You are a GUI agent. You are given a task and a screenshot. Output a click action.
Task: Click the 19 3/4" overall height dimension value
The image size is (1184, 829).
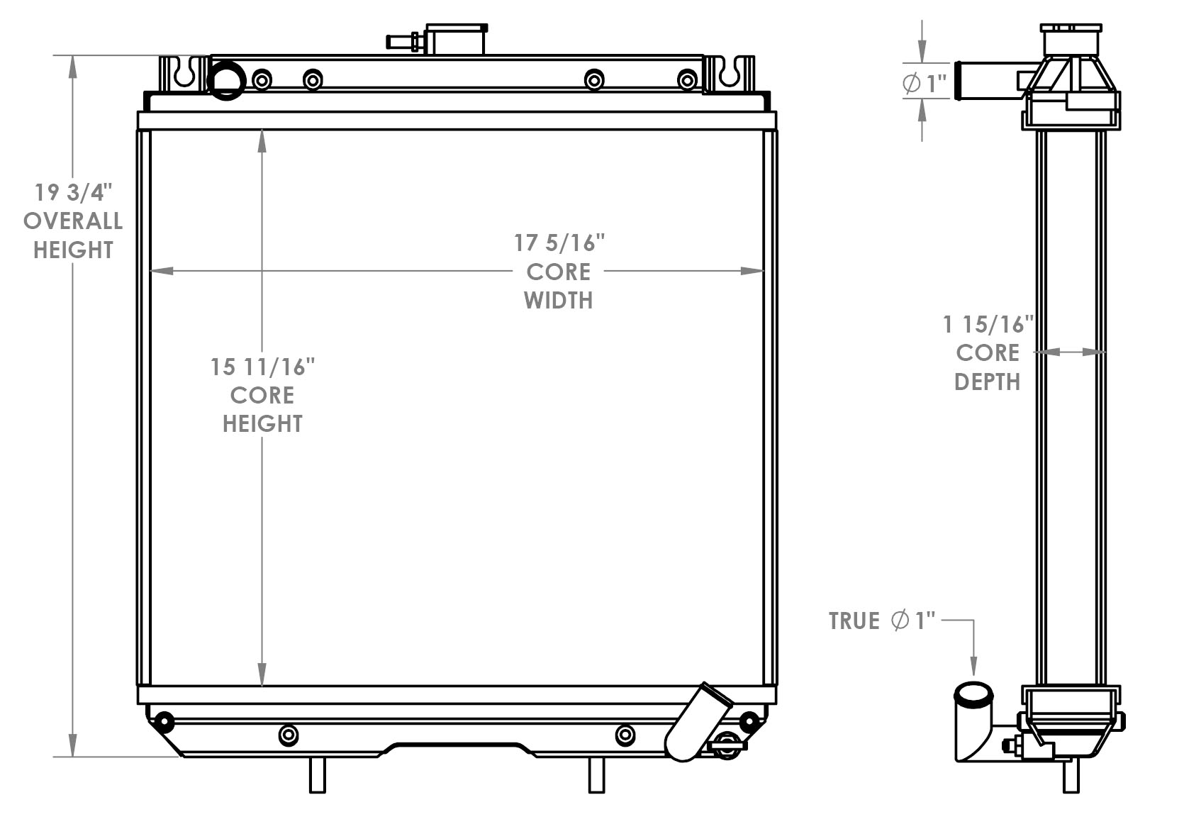tap(74, 192)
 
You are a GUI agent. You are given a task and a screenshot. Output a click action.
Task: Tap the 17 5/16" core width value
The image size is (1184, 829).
tap(559, 243)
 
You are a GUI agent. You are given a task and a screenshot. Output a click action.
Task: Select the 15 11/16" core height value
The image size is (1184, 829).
tap(262, 367)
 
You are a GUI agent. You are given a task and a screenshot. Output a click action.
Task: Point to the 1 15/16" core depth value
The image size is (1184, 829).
tap(988, 325)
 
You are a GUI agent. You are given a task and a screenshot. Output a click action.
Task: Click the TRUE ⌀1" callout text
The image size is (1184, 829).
tap(881, 621)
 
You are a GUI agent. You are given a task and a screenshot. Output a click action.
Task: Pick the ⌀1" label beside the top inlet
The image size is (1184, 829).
tap(925, 84)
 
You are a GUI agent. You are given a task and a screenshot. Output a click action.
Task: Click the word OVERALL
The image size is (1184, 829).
tap(73, 221)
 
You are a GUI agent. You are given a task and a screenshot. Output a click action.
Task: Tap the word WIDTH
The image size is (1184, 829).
tap(559, 301)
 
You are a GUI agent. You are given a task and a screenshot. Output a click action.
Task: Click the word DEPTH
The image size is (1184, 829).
tap(988, 382)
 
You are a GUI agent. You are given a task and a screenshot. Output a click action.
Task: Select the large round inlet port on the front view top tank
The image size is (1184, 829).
tap(227, 80)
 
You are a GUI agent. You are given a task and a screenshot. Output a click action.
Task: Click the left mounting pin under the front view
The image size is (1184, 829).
tap(317, 774)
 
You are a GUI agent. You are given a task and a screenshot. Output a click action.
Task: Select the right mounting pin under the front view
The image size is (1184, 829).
tap(597, 774)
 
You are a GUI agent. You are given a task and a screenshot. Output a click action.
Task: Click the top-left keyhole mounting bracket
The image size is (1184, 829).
tap(184, 74)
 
